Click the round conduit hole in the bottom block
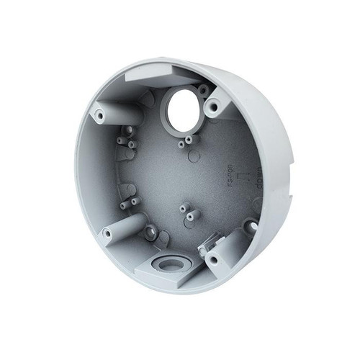click(170, 264)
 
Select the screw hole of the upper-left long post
click(99, 114)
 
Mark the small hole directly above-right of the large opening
click(204, 89)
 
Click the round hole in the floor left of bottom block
click(150, 232)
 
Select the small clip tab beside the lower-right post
click(206, 242)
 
